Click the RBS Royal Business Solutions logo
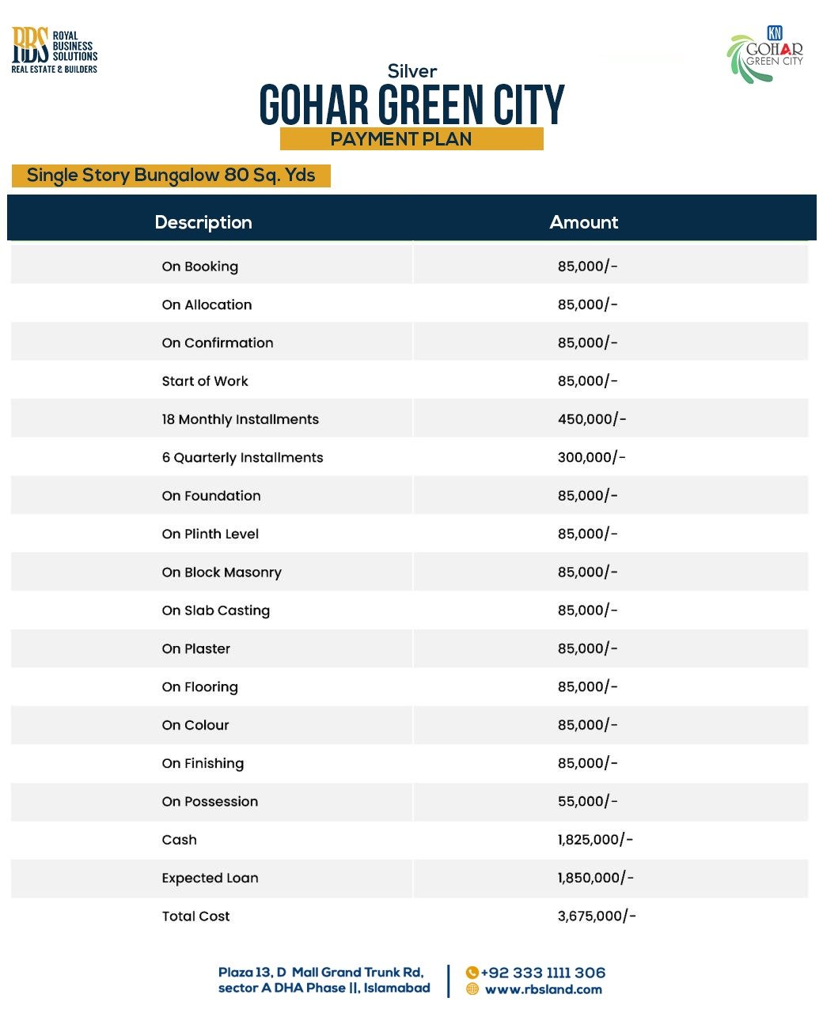pos(54,50)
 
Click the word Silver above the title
pos(411,71)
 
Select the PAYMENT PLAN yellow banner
pos(411,139)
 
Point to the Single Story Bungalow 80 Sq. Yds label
pos(171,176)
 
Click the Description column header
pos(203,222)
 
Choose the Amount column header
pos(583,222)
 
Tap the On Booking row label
pos(199,266)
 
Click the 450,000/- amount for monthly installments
pos(591,419)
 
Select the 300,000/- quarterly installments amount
pos(591,457)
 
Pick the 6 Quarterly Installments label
pos(242,457)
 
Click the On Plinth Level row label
pos(210,534)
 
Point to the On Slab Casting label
pos(215,610)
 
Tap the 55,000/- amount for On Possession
pos(587,801)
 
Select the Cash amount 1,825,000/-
pos(595,840)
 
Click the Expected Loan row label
pos(210,878)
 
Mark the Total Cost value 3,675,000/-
pos(596,916)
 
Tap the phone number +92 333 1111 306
pos(543,973)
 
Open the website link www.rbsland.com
pos(543,989)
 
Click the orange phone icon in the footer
pos(472,973)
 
